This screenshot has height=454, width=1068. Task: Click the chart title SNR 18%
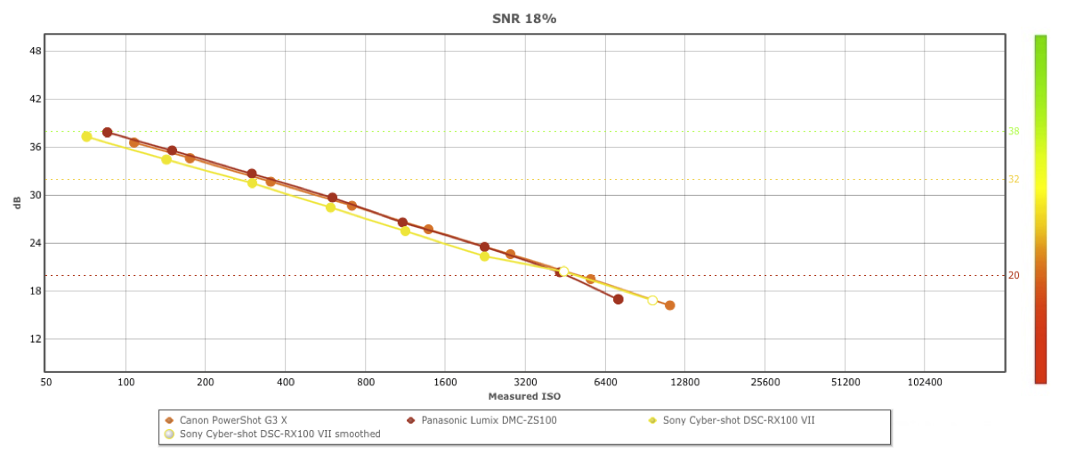tap(524, 19)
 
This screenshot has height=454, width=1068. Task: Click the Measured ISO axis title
tap(524, 396)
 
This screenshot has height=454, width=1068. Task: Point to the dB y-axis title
tap(17, 203)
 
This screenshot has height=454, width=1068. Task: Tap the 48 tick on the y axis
tap(36, 51)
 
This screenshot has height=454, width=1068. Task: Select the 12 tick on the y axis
tap(36, 339)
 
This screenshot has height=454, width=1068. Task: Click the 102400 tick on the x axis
tap(924, 382)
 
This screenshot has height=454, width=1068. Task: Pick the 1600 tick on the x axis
tap(445, 382)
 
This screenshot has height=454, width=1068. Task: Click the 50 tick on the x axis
tap(45, 382)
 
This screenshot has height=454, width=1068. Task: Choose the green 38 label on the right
tap(1014, 132)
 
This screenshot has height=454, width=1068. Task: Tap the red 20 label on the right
tap(1014, 276)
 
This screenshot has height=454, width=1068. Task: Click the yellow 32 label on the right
tap(1014, 180)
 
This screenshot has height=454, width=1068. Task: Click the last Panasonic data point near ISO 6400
tap(618, 299)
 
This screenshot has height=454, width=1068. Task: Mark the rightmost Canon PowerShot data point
tap(669, 305)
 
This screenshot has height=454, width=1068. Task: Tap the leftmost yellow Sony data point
tap(86, 136)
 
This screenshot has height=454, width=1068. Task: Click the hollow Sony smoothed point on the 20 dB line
tap(563, 272)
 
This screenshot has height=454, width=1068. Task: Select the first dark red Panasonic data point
tap(107, 133)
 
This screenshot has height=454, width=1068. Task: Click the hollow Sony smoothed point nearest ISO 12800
tap(652, 300)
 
